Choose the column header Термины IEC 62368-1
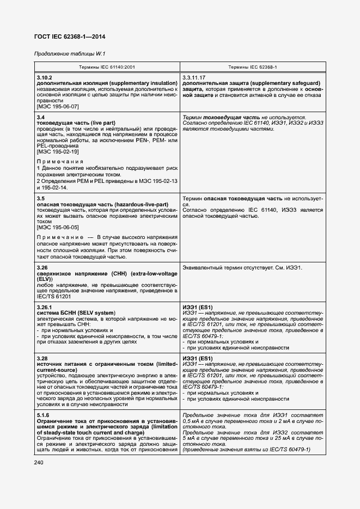[253, 68]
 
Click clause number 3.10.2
[45, 78]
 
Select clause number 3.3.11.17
[194, 78]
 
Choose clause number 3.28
[42, 359]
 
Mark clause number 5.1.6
[43, 415]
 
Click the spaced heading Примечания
[60, 162]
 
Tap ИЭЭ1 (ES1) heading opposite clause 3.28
[198, 359]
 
